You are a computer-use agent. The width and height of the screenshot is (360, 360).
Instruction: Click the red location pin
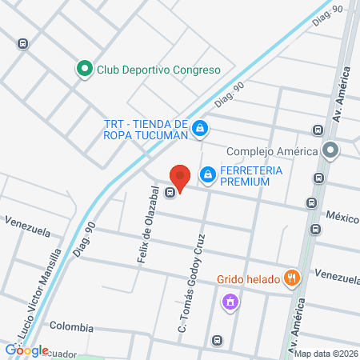181,177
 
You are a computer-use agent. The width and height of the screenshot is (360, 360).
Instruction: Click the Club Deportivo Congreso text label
158,70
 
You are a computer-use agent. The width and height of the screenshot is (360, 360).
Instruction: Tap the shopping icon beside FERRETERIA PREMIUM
208,174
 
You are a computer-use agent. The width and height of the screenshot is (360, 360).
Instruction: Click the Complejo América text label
272,150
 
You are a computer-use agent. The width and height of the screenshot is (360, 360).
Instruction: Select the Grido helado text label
247,280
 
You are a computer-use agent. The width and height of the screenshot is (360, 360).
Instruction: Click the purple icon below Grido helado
230,302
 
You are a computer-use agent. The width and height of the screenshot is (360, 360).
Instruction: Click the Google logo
26,350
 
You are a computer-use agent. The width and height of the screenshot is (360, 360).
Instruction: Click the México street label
341,217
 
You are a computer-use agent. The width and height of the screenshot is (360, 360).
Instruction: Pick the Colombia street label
71,328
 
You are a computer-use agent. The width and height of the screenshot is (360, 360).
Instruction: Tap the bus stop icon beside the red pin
170,192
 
